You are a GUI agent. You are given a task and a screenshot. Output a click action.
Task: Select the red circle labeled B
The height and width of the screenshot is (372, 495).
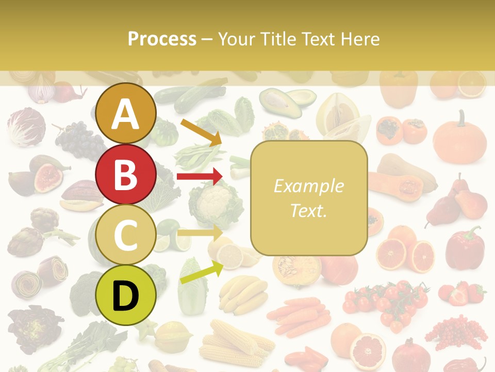[x=126, y=174]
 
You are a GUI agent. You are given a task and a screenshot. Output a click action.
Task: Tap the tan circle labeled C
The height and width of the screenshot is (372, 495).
[x=126, y=235]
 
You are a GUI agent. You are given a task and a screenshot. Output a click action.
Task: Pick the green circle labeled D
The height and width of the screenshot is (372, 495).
[x=126, y=295]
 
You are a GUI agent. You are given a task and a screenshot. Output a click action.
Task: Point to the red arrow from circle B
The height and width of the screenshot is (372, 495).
[x=199, y=177]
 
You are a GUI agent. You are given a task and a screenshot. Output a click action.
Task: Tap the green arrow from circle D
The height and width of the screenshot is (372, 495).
[x=202, y=272]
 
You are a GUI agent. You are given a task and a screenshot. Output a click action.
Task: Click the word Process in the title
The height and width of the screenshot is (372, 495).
[x=162, y=39]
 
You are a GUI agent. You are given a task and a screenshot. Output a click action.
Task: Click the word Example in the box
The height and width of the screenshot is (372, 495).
[x=308, y=186]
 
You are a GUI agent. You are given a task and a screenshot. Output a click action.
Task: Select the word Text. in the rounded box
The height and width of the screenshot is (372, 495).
[x=308, y=210]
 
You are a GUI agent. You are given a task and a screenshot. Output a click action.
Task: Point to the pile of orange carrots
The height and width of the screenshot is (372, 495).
[x=299, y=316]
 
